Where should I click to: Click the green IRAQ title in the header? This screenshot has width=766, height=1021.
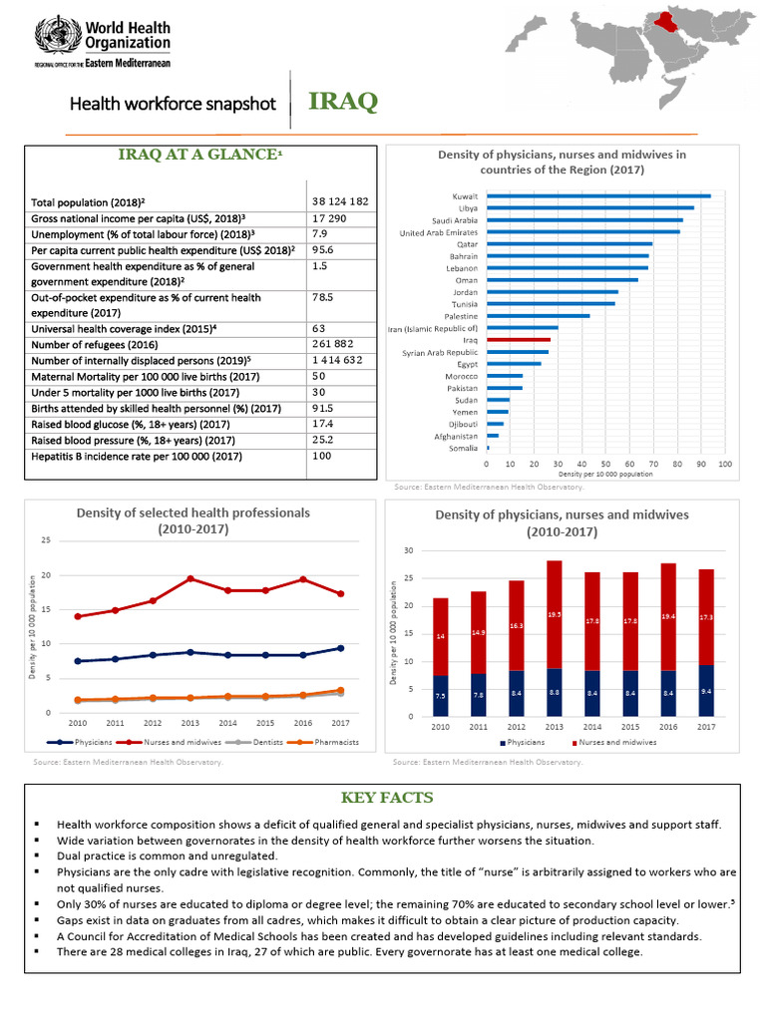[343, 103]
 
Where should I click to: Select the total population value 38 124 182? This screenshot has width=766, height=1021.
[340, 200]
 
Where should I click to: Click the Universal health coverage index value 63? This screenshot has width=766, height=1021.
[319, 328]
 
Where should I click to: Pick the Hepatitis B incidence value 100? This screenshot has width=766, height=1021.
[321, 456]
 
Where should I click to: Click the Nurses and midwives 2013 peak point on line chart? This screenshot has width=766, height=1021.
[191, 578]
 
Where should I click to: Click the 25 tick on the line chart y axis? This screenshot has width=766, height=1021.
[45, 540]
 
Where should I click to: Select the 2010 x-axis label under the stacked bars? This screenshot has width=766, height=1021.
[440, 727]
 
